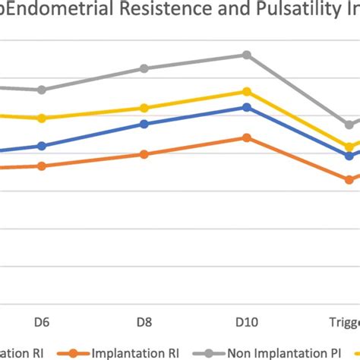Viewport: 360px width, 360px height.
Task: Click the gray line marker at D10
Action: (245, 55)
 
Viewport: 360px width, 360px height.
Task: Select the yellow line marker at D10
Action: (245, 92)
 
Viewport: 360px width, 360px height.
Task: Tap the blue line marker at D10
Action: (245, 107)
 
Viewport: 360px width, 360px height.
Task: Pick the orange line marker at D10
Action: (245, 137)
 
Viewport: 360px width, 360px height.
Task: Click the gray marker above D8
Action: (144, 68)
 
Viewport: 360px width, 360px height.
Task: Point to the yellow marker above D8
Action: (144, 108)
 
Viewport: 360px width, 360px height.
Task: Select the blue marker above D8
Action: (144, 124)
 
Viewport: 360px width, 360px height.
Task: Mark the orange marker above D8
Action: (144, 154)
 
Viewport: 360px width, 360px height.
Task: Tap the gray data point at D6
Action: (43, 90)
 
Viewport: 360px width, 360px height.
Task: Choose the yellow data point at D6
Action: (43, 118)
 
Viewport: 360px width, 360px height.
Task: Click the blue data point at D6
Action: (43, 146)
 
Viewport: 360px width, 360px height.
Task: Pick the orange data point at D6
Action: (43, 166)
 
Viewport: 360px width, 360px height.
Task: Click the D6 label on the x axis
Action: (43, 321)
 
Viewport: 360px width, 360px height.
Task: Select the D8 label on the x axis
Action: (144, 321)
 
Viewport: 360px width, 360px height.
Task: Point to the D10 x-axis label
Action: (245, 321)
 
